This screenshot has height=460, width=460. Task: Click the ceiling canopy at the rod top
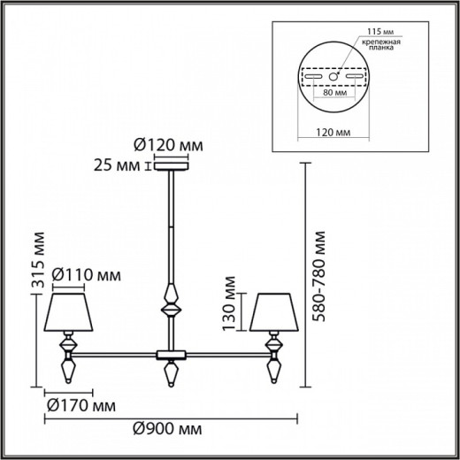pos(168,164)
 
